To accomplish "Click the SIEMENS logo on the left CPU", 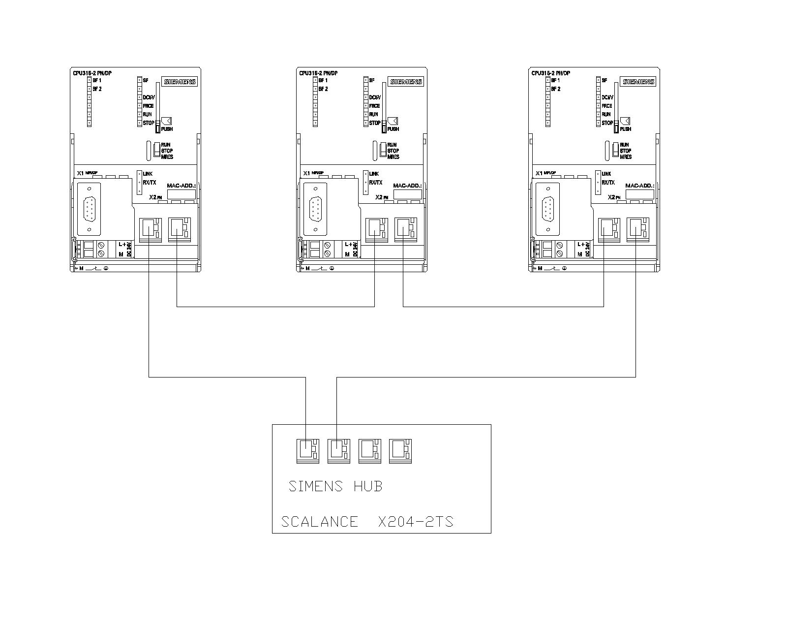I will [180, 82].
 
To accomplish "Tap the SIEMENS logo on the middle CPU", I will [406, 82].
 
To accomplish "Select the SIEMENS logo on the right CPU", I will [638, 82].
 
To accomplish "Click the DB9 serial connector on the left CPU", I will [89, 208].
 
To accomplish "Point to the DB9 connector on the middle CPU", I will [315, 208].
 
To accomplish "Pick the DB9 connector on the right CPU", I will [547, 208].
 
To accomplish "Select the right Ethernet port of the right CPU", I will [637, 229].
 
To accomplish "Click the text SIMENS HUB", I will [335, 486].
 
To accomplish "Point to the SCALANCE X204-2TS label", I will [367, 522].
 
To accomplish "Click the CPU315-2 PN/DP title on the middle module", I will [318, 73].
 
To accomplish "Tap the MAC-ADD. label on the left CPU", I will [182, 186].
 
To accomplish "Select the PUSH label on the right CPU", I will [626, 129].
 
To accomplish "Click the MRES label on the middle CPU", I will [393, 157].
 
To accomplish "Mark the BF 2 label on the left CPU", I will [97, 89].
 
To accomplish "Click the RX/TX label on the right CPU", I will [607, 183].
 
